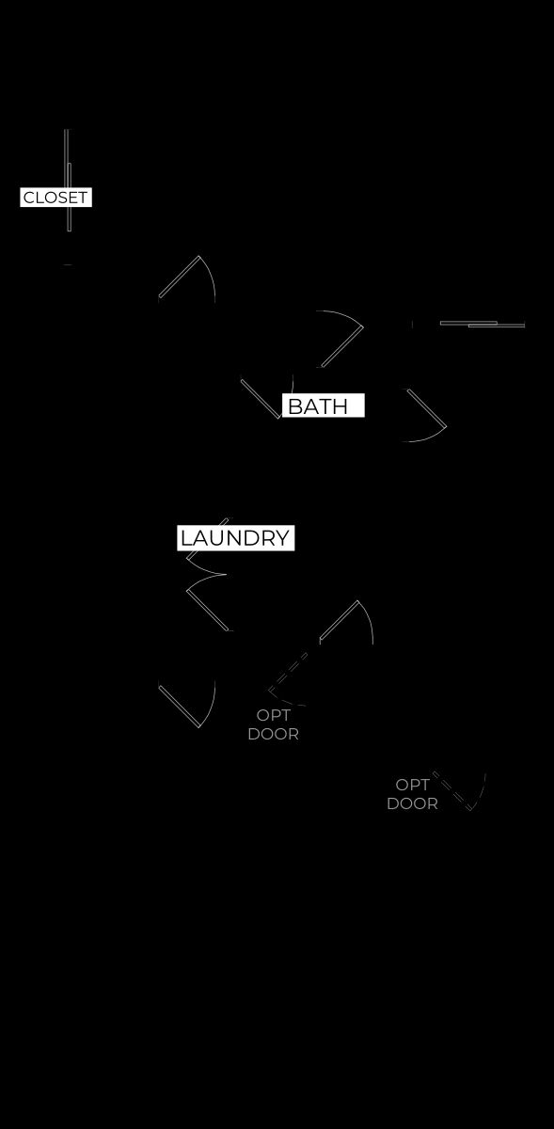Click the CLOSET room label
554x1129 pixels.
(55, 197)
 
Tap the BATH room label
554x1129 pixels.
(318, 406)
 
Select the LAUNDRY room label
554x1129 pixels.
(235, 538)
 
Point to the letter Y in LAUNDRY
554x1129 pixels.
(282, 538)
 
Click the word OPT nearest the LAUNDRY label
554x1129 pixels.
(273, 715)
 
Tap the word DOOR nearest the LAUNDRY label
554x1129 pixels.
(273, 734)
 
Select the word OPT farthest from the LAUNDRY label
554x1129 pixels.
(412, 785)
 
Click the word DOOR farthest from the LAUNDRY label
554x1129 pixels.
(412, 803)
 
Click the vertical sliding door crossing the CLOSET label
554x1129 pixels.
(68, 181)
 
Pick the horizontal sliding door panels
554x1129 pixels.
(483, 324)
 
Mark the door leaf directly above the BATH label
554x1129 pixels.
(342, 347)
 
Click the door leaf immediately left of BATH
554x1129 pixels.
(261, 399)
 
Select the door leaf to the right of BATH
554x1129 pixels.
(427, 407)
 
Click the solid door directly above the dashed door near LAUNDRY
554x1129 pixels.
(339, 620)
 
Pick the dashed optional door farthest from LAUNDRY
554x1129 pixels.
(452, 791)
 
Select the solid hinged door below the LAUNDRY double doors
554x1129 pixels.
(179, 707)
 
